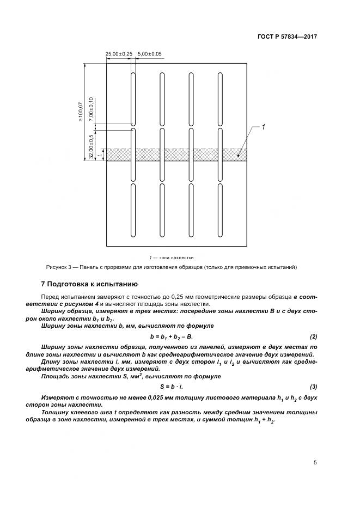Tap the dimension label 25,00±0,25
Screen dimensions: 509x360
[119, 54]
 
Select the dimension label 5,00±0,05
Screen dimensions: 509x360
[150, 54]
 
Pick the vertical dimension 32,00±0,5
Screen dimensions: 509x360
[91, 146]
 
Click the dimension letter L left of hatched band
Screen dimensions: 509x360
[101, 155]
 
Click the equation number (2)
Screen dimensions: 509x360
[313, 336]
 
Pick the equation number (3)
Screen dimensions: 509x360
[313, 387]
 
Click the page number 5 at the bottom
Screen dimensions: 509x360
[315, 463]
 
